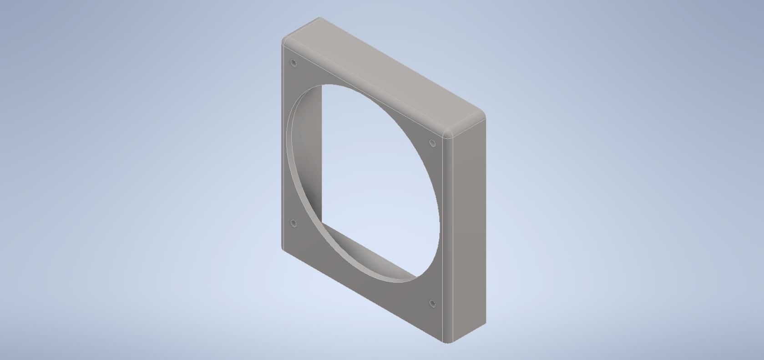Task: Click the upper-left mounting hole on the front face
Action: tap(293, 63)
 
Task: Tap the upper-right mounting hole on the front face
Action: tap(433, 144)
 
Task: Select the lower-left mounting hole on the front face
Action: tap(293, 223)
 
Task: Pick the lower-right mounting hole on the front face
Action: tap(432, 304)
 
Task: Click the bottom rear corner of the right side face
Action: tap(485, 324)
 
